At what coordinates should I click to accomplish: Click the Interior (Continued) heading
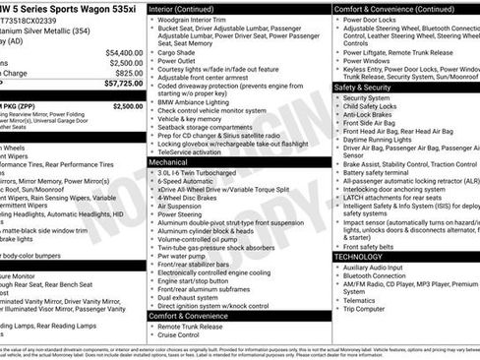190,8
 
